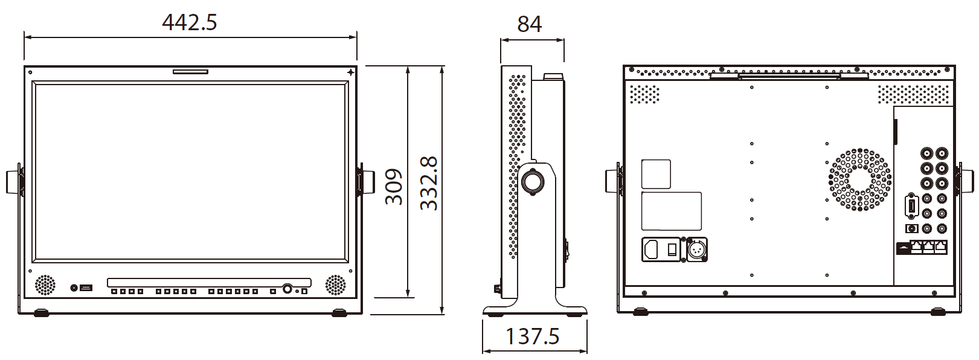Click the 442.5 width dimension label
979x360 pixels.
[x=190, y=22]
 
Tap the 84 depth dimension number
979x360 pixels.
[x=530, y=24]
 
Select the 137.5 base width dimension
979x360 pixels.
[x=532, y=336]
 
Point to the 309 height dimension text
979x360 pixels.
[x=394, y=187]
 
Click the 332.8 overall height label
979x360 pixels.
[x=429, y=183]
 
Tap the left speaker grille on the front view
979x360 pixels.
[x=45, y=285]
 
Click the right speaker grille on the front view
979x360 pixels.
[x=336, y=285]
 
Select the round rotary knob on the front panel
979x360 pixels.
[x=288, y=289]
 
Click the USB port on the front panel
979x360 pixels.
[x=86, y=288]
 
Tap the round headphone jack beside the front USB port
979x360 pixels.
[x=74, y=288]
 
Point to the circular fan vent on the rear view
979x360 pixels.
[x=860, y=179]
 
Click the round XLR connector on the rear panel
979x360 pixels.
[x=697, y=249]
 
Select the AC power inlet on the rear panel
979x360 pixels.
[x=652, y=249]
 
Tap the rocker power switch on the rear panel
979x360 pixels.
[x=672, y=248]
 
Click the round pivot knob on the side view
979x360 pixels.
[x=533, y=182]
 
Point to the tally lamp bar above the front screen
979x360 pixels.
[x=190, y=72]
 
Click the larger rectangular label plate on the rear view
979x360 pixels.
[x=671, y=211]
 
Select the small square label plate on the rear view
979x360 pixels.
[x=656, y=174]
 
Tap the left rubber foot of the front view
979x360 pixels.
[x=41, y=313]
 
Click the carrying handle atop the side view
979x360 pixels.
[x=553, y=77]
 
